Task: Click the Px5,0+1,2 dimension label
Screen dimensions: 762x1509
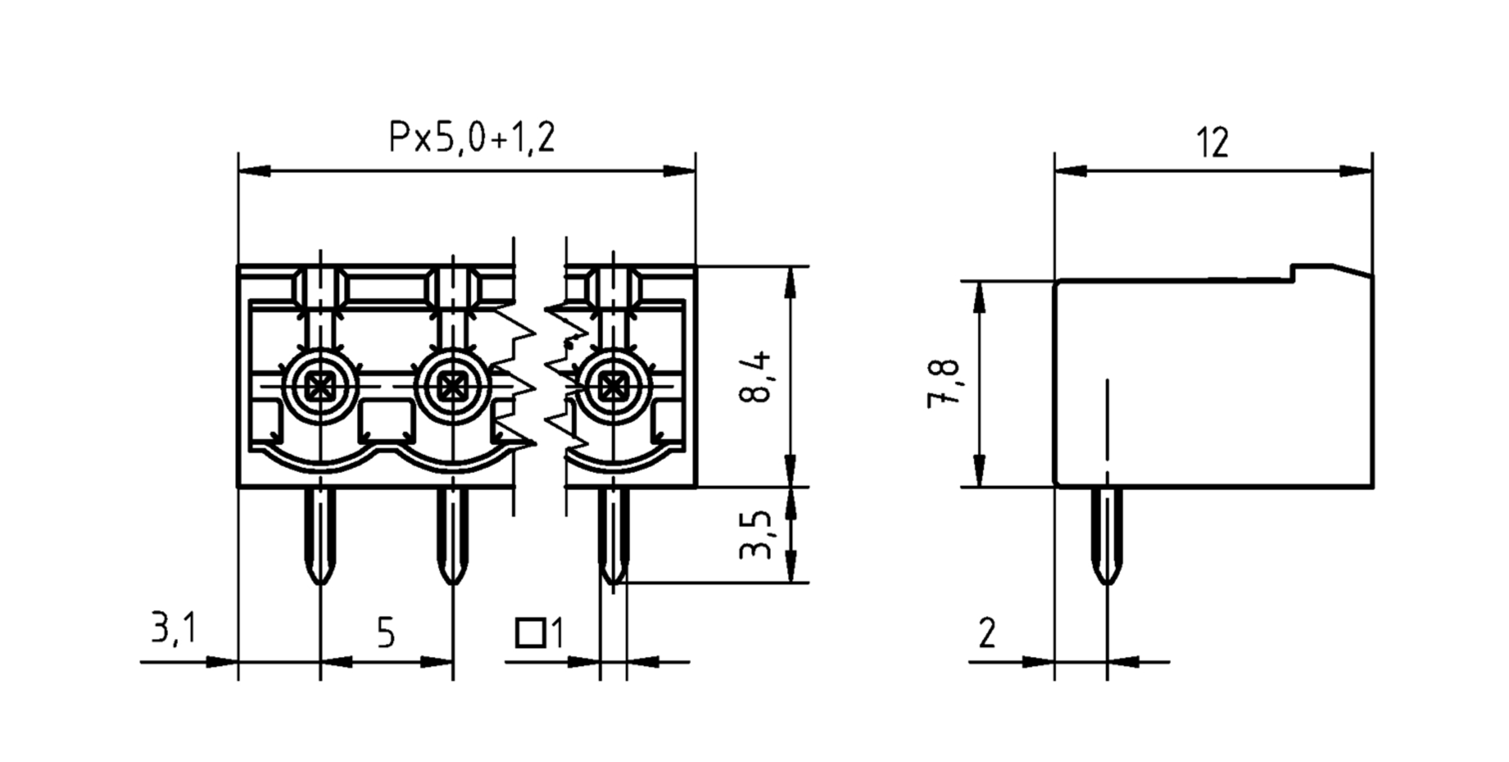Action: click(472, 138)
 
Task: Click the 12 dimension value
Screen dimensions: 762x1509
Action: click(1212, 143)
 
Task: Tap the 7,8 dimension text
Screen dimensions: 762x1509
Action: click(943, 384)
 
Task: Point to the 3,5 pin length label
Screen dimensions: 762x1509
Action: click(755, 534)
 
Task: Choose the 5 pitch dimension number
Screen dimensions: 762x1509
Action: click(386, 633)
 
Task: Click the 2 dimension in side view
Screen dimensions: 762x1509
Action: click(987, 633)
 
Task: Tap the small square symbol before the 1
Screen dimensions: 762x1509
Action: click(530, 633)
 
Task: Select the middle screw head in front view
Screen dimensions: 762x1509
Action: click(453, 385)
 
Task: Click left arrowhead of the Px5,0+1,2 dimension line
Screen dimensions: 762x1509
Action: click(254, 171)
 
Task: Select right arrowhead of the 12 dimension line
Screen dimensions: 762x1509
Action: click(1356, 171)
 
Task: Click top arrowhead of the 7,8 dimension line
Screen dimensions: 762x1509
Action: click(979, 298)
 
